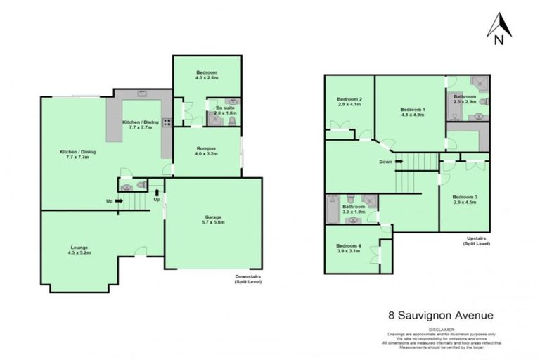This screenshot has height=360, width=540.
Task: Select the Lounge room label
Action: [78, 247]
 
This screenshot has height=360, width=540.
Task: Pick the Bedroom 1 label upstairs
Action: [413, 110]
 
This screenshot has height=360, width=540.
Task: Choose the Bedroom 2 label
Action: [349, 99]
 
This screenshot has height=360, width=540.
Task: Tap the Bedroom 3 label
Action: [465, 196]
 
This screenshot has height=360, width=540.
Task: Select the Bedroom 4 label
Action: [349, 245]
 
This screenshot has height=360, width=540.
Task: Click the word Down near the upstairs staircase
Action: [385, 162]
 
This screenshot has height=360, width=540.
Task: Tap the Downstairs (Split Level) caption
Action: [248, 279]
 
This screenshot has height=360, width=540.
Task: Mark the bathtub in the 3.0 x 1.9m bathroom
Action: [332, 209]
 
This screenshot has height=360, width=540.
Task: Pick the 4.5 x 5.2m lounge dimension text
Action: [78, 253]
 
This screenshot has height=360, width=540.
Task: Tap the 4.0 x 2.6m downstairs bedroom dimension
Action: [207, 79]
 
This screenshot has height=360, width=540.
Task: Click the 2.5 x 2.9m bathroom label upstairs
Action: [465, 102]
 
